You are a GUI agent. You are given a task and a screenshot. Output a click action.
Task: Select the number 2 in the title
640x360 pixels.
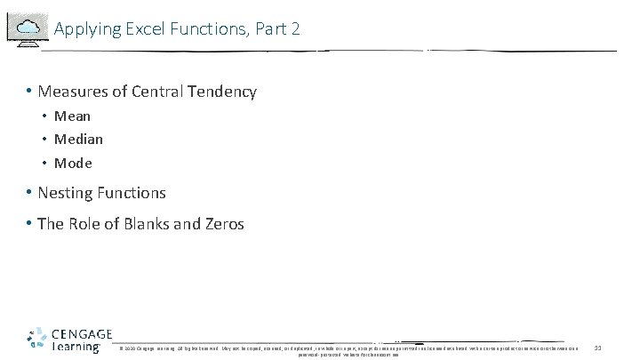click(x=295, y=29)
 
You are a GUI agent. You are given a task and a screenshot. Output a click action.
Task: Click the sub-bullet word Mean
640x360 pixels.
click(x=72, y=116)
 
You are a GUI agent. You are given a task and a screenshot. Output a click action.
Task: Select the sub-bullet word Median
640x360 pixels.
click(x=78, y=140)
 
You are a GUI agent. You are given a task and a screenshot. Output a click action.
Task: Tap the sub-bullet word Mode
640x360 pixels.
click(x=73, y=164)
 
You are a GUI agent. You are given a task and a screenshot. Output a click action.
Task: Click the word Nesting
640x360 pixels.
click(x=66, y=193)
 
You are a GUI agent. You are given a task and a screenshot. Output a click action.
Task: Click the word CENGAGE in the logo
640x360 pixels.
click(x=82, y=334)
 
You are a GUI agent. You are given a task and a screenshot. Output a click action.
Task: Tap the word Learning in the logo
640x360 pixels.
click(x=76, y=347)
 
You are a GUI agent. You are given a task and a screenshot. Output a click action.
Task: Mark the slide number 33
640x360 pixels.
click(x=597, y=347)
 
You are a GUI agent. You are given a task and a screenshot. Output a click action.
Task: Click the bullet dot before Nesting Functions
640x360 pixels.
click(x=30, y=193)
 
